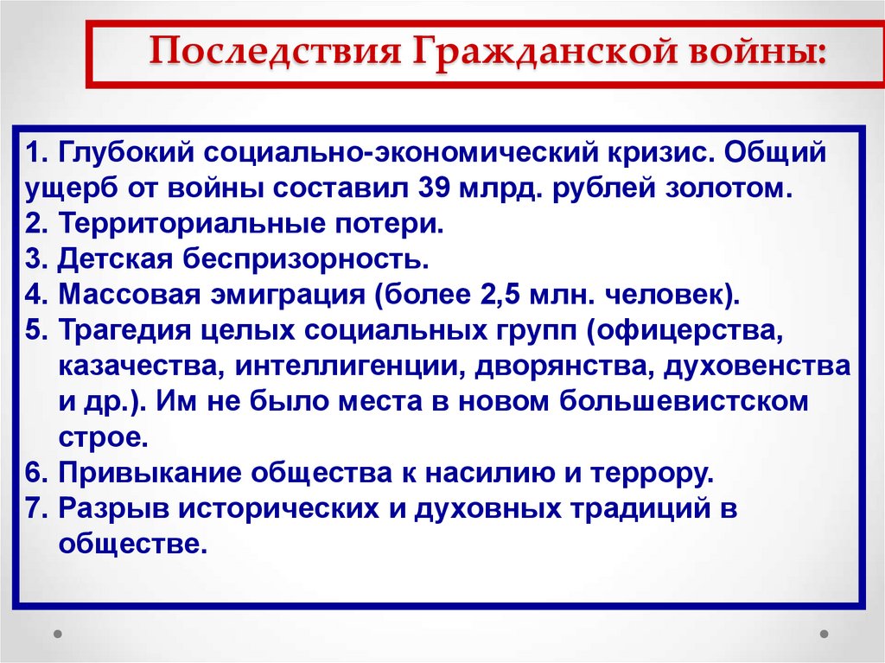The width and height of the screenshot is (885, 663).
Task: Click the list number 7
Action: [x=35, y=508]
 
